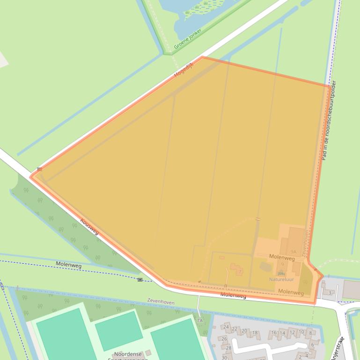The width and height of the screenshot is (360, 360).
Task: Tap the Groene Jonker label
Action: coord(188,39)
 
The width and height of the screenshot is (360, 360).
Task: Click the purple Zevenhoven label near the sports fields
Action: coord(161,302)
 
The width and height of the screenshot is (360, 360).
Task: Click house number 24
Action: coord(226,327)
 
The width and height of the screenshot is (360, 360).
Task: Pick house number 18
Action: coord(255,333)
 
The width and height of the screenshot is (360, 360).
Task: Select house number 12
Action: coord(293,332)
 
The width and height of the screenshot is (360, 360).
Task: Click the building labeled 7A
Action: coord(199,320)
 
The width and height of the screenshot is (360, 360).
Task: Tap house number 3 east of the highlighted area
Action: coord(330,293)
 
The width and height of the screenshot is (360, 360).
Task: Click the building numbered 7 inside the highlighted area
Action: coord(240,271)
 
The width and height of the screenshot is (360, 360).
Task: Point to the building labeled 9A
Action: coord(294,251)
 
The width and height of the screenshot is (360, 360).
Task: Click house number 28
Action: coord(228,348)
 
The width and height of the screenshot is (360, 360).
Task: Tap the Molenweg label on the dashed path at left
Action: coord(68,265)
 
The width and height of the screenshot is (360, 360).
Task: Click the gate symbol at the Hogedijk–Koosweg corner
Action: coord(40,169)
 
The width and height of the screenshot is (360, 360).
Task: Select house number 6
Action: coord(312,345)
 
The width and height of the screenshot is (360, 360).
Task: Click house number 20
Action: coord(244,331)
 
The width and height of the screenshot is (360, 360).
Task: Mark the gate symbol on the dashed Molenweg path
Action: coord(140,280)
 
